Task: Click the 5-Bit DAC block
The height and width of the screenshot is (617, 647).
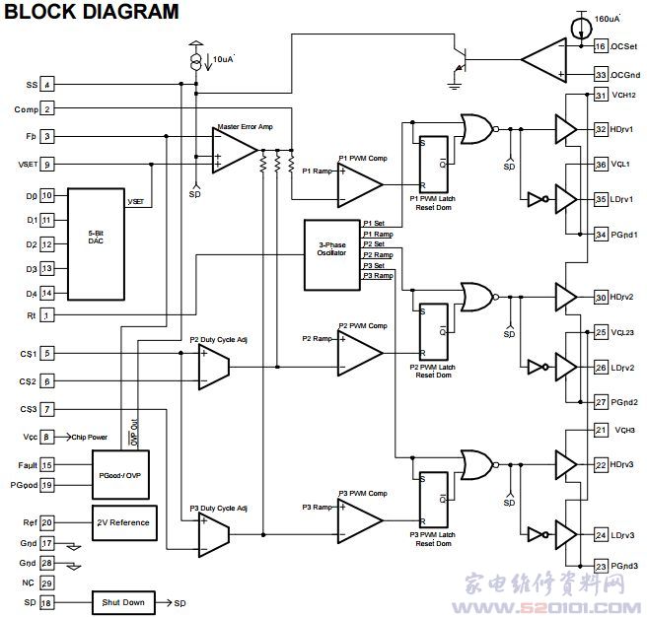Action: click(97, 239)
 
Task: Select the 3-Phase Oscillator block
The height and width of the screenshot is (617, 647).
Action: click(331, 254)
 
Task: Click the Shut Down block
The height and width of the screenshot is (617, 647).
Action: click(123, 601)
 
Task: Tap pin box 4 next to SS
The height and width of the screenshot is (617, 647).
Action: click(47, 85)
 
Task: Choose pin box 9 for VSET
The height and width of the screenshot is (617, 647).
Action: click(47, 165)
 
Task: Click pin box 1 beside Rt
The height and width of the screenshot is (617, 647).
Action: click(47, 314)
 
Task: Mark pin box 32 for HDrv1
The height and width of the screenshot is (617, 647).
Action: click(601, 129)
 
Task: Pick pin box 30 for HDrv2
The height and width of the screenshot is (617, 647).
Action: click(601, 297)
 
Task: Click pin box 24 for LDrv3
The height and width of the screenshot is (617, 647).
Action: click(601, 535)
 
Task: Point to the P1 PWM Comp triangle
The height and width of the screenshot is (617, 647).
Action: click(360, 180)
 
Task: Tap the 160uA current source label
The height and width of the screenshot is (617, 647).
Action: click(608, 18)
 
